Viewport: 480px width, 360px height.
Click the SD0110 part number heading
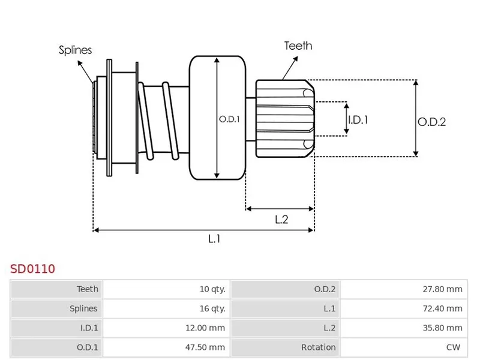pyautogui.click(x=32, y=268)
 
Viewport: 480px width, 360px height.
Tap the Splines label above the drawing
pyautogui.click(x=75, y=50)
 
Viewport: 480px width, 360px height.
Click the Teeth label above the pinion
pyautogui.click(x=298, y=46)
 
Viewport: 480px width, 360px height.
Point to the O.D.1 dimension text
pyautogui.click(x=229, y=119)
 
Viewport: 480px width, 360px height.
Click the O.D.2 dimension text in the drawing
pyautogui.click(x=432, y=122)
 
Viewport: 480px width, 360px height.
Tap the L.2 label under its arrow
pyautogui.click(x=281, y=220)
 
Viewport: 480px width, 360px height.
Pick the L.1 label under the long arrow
pyautogui.click(x=214, y=239)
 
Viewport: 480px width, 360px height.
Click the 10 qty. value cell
pyautogui.click(x=212, y=289)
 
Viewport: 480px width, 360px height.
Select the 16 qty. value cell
pyautogui.click(x=212, y=308)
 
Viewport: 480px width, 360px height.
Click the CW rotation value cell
pyautogui.click(x=456, y=347)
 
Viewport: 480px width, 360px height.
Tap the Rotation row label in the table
pyautogui.click(x=319, y=347)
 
